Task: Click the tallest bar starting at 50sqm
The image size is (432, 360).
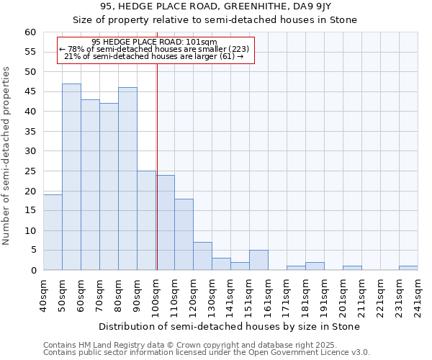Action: click(x=71, y=177)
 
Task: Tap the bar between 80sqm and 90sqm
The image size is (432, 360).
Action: click(x=127, y=179)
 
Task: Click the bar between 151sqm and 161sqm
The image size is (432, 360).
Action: click(x=258, y=260)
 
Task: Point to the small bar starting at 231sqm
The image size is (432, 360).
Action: click(x=408, y=268)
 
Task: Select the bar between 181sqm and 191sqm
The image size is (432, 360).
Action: click(x=315, y=266)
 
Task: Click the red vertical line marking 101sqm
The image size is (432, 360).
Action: click(x=157, y=166)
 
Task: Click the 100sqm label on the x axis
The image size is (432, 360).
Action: click(x=156, y=296)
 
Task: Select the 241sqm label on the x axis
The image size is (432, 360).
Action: click(x=418, y=296)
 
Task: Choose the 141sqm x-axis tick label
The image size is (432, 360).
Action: click(x=231, y=296)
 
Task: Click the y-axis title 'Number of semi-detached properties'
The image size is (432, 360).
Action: click(x=7, y=156)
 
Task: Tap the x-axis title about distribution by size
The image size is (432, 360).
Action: click(x=228, y=326)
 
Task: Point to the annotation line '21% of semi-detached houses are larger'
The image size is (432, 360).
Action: click(x=154, y=56)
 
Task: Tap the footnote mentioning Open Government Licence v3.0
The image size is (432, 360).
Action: click(x=207, y=352)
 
